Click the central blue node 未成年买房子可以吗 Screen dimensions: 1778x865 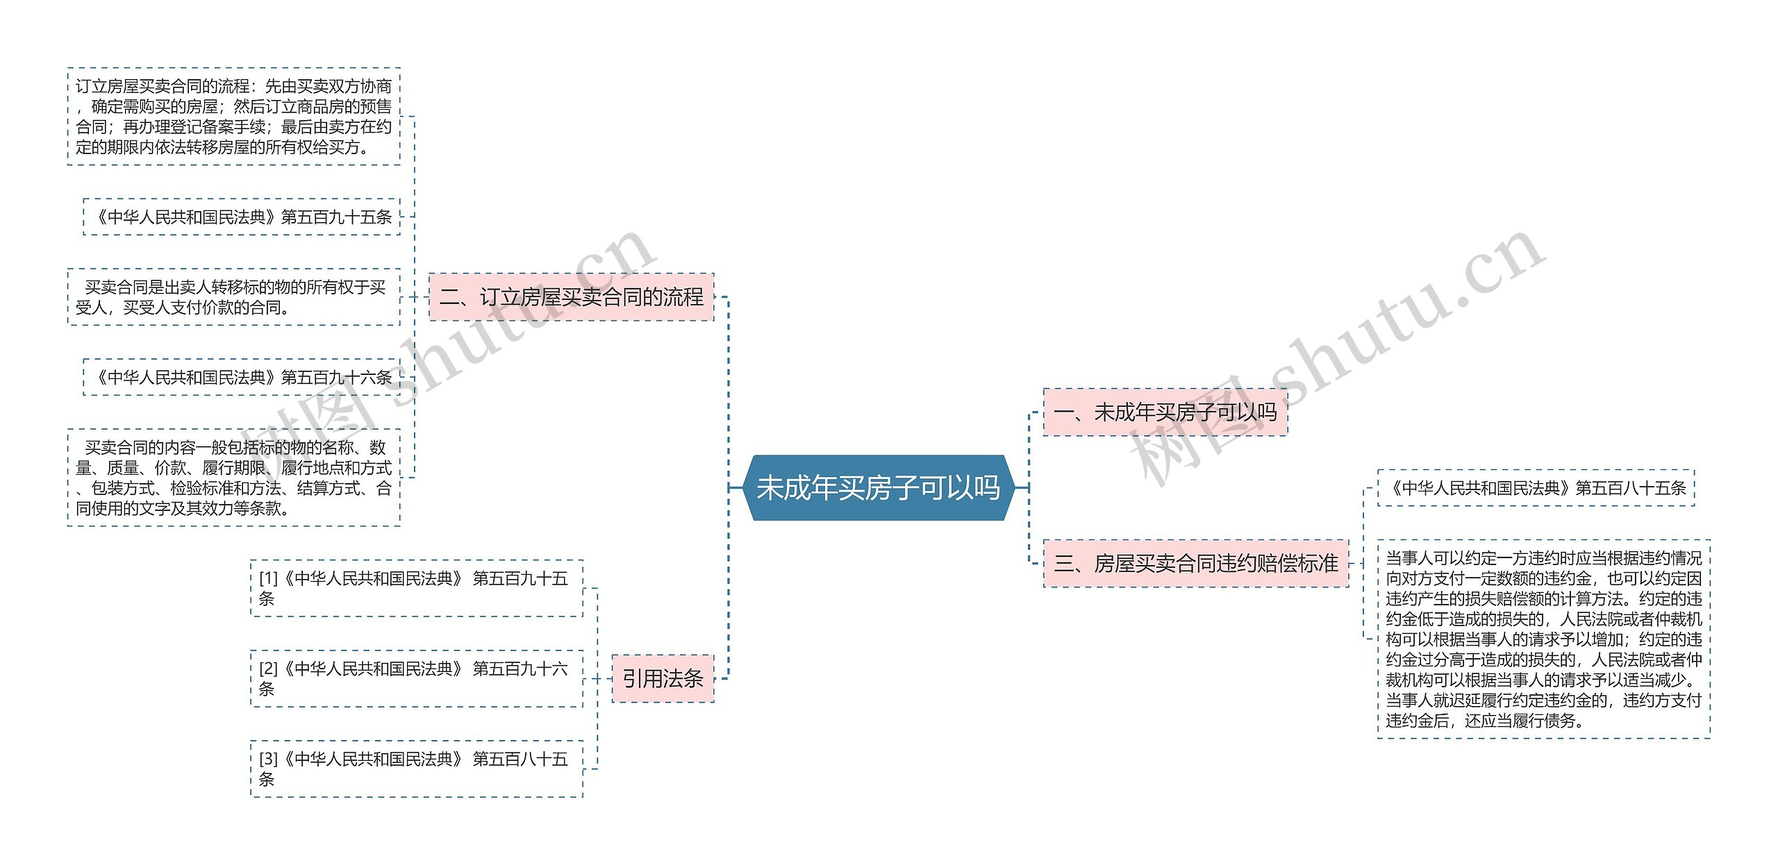[878, 487]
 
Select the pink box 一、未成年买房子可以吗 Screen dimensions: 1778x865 [1165, 412]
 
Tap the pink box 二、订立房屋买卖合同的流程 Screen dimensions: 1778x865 [571, 297]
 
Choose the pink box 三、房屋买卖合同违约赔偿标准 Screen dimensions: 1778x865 [1195, 563]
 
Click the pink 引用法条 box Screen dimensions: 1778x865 [663, 678]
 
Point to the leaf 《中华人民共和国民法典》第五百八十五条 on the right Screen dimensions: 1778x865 [1536, 488]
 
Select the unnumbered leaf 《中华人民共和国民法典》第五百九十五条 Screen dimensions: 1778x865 [242, 217]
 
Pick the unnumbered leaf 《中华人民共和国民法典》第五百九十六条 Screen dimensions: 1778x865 [242, 377]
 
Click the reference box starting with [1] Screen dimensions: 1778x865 [416, 588]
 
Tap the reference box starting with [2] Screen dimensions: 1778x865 [416, 678]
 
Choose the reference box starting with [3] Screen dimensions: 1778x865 [416, 769]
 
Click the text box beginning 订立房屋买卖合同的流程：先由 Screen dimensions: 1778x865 [233, 117]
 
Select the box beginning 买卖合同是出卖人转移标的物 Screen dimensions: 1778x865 [233, 297]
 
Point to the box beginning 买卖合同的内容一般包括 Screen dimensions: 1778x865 [233, 478]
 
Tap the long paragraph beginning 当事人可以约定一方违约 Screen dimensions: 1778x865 [1543, 639]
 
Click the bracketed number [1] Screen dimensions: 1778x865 [268, 578]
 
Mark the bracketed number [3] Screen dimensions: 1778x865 [268, 759]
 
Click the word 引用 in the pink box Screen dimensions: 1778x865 [642, 678]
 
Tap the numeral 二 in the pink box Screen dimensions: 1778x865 [449, 297]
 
